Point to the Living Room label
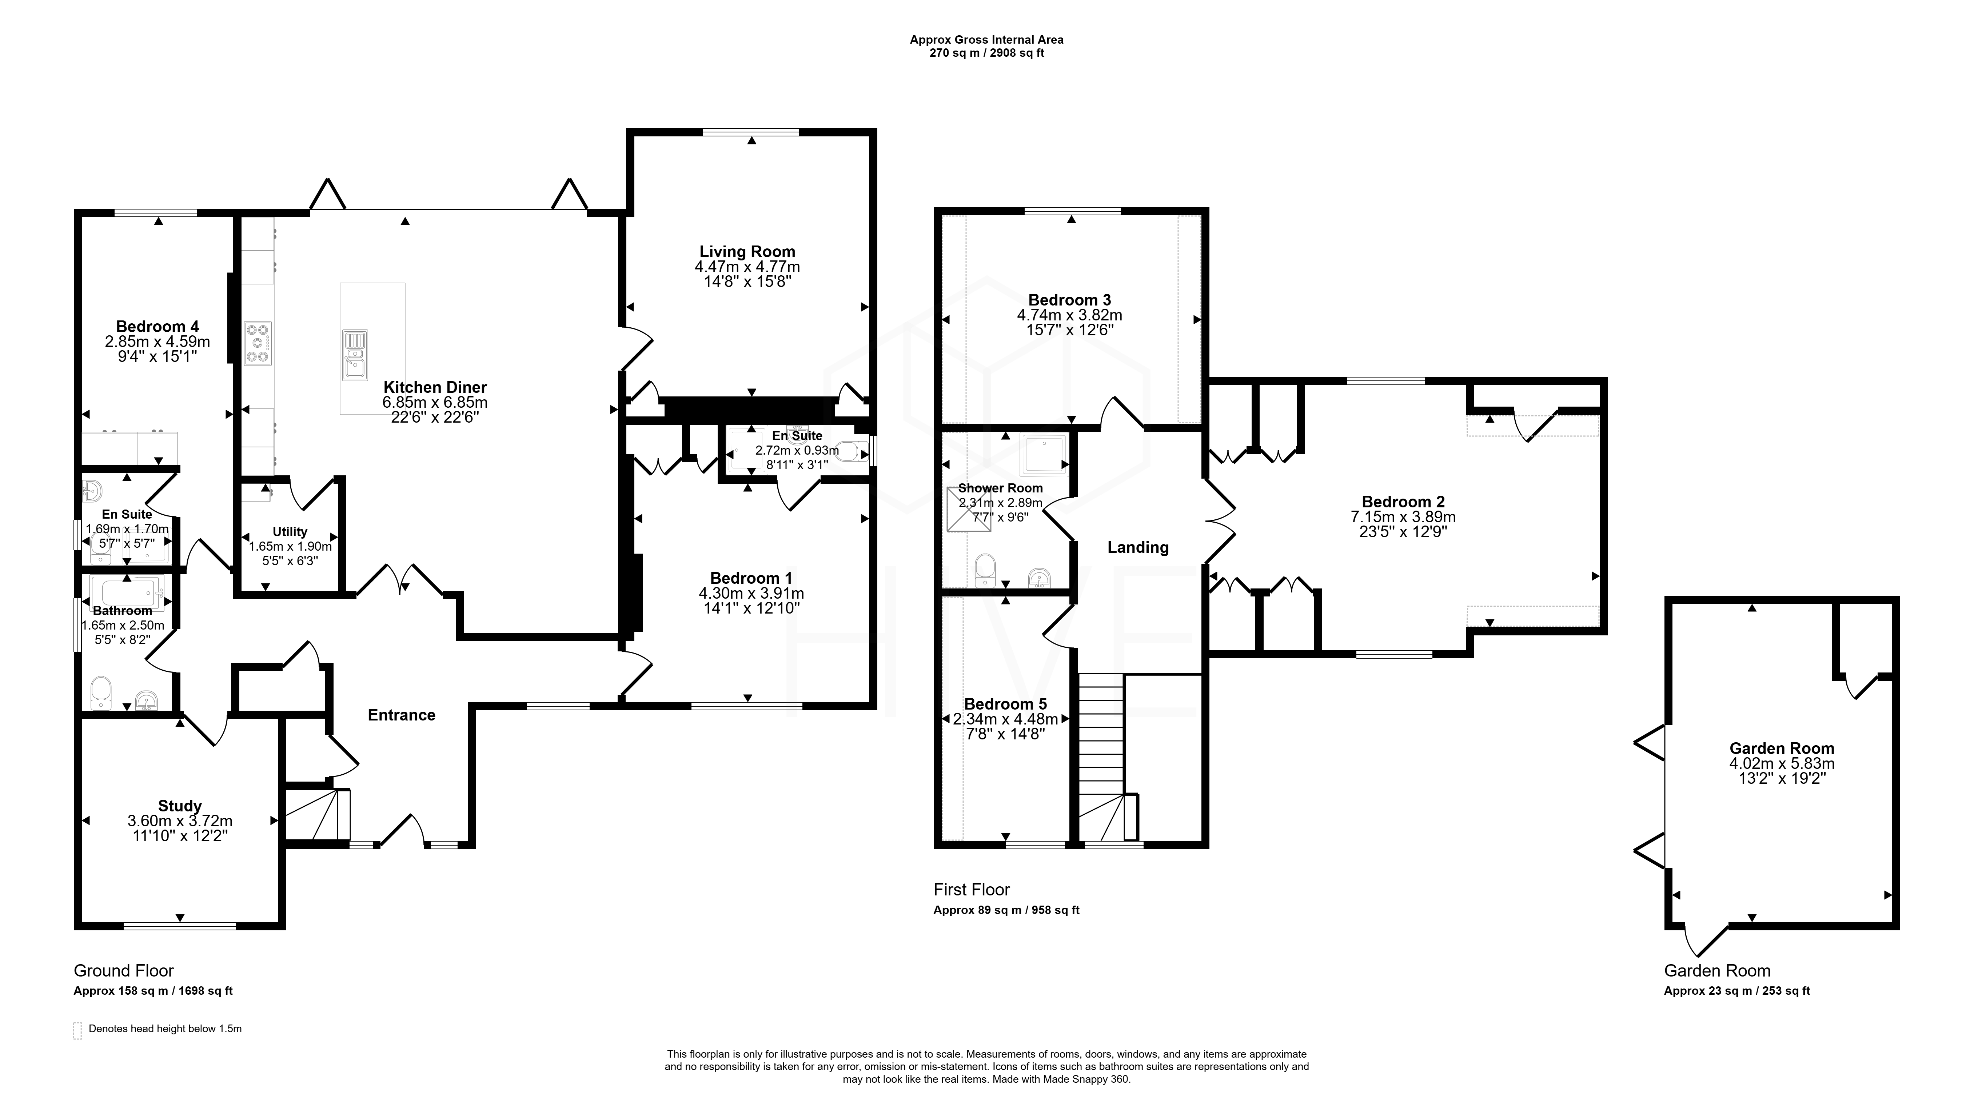[x=747, y=251]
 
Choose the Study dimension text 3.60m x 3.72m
[x=180, y=821]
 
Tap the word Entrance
[x=402, y=715]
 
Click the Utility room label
[x=290, y=532]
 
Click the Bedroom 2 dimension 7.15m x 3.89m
[x=1403, y=517]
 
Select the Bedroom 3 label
[x=1070, y=300]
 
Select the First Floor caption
[x=972, y=890]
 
